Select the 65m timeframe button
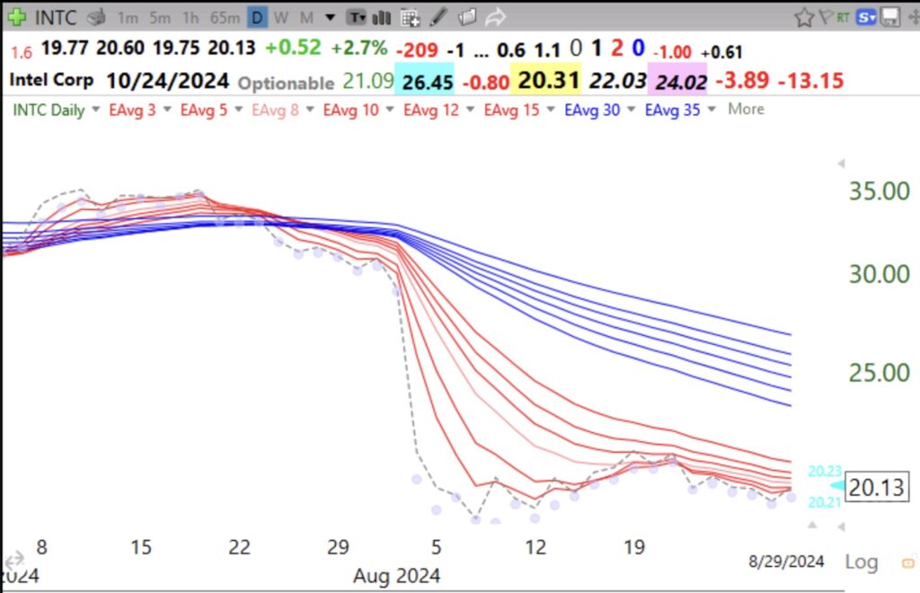tap(224, 17)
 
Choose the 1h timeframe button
tap(190, 17)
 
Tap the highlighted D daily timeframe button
tap(258, 17)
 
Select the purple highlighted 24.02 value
tap(681, 82)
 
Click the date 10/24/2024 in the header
tap(167, 80)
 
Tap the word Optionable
tap(286, 82)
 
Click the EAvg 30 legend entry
tap(590, 110)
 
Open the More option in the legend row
tap(746, 110)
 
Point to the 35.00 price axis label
tap(880, 191)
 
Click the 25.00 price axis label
tap(880, 372)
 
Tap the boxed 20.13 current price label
tap(878, 487)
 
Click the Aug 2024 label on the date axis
tap(397, 574)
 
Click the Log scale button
tap(861, 562)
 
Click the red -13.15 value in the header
tap(810, 81)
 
